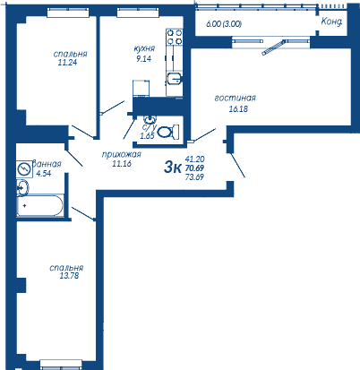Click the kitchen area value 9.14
pyautogui.click(x=143, y=58)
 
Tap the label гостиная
pyautogui.click(x=236, y=99)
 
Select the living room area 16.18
pyautogui.click(x=238, y=109)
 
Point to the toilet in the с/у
pyautogui.click(x=167, y=132)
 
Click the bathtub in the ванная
pyautogui.click(x=40, y=205)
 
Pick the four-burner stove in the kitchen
pyautogui.click(x=175, y=37)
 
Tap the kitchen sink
pyautogui.click(x=174, y=79)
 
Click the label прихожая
pyautogui.click(x=121, y=155)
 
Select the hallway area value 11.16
pyautogui.click(x=122, y=163)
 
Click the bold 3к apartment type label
pyautogui.click(x=173, y=168)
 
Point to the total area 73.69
pyautogui.click(x=194, y=177)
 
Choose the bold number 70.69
pyautogui.click(x=194, y=168)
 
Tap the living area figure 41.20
pyautogui.click(x=194, y=159)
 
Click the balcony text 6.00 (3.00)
pyautogui.click(x=224, y=24)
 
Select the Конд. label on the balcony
pyautogui.click(x=331, y=22)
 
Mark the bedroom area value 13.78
pyautogui.click(x=69, y=276)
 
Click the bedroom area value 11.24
pyautogui.click(x=67, y=63)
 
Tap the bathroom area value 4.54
pyautogui.click(x=44, y=174)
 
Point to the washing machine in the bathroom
pyautogui.click(x=24, y=169)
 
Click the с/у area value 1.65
pyautogui.click(x=147, y=136)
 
